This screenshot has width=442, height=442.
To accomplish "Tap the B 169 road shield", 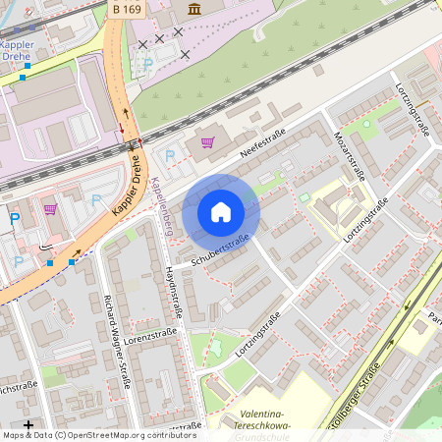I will pos(127,9).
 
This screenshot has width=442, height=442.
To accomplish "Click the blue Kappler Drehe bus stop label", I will pos(17,51).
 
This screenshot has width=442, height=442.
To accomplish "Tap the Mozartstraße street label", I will pos(351,151).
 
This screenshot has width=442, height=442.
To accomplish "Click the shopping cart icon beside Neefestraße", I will pos(207,142).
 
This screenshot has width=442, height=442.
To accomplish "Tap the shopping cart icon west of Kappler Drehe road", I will pos(50,208).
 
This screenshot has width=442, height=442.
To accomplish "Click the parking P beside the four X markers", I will pos(148,63).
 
